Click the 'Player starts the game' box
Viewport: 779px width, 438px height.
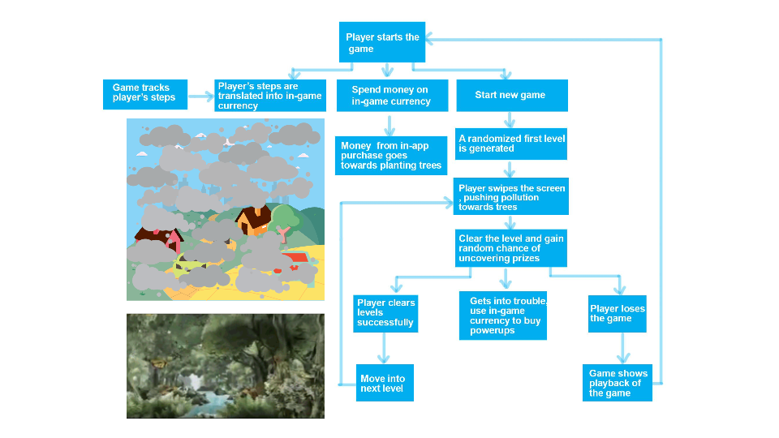pyautogui.click(x=382, y=42)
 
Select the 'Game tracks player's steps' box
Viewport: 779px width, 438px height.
pyautogui.click(x=145, y=94)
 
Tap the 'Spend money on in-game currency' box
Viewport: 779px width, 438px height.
pyautogui.click(x=392, y=96)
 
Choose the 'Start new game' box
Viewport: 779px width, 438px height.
pyautogui.click(x=512, y=96)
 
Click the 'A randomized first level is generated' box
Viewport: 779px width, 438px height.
pyautogui.click(x=510, y=144)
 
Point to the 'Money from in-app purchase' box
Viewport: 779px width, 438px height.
pyautogui.click(x=391, y=156)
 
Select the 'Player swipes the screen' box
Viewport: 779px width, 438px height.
pyautogui.click(x=510, y=196)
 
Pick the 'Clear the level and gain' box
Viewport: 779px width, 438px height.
pyautogui.click(x=510, y=248)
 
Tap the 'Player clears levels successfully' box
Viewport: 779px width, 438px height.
pyautogui.click(x=385, y=313)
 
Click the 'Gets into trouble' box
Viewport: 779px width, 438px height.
pyautogui.click(x=503, y=316)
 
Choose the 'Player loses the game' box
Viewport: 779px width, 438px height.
pyautogui.click(x=617, y=313)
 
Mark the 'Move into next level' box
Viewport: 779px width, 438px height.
pyautogui.click(x=385, y=383)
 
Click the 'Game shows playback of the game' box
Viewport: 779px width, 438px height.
pyautogui.click(x=617, y=383)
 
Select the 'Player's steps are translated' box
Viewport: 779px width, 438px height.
pyautogui.click(x=269, y=96)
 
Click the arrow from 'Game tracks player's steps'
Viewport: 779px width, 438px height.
pyautogui.click(x=200, y=97)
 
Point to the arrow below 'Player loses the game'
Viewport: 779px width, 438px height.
pyautogui.click(x=623, y=348)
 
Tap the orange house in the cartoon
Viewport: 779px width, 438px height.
pyautogui.click(x=255, y=220)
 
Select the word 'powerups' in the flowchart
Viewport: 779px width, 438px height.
pyautogui.click(x=493, y=331)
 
